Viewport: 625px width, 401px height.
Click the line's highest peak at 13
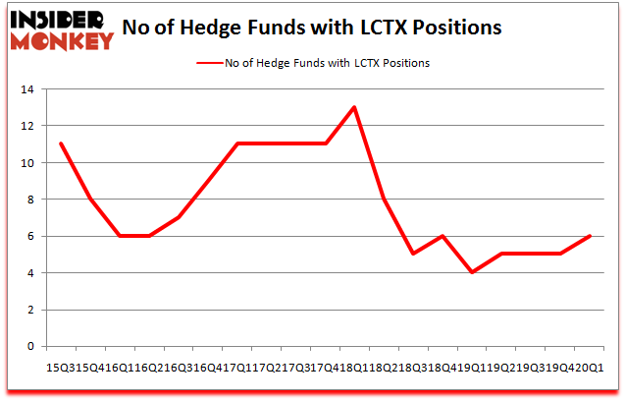pyautogui.click(x=354, y=107)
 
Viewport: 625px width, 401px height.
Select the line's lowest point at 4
pyautogui.click(x=472, y=272)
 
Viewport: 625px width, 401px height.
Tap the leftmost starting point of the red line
pyautogui.click(x=61, y=143)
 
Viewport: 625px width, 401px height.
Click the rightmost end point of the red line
pyautogui.click(x=590, y=236)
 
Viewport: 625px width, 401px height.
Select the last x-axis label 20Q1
pyautogui.click(x=592, y=366)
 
